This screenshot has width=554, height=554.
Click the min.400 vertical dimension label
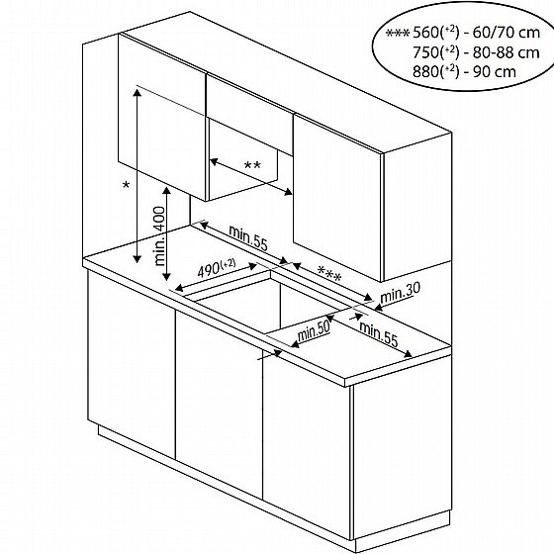(160, 236)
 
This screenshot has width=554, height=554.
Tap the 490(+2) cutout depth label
(217, 268)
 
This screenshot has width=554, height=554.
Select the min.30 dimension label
(400, 293)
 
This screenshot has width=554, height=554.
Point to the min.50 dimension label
(314, 331)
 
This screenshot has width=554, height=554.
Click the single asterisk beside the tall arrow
(126, 186)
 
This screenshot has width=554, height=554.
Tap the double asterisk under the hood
(252, 165)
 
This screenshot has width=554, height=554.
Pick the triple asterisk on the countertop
(329, 274)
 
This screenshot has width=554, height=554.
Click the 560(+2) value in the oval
(436, 33)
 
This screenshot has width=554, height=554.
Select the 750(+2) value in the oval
(436, 52)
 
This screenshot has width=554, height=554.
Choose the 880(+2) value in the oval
(436, 71)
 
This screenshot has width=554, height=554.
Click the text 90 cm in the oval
(495, 71)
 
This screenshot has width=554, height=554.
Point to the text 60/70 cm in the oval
(507, 33)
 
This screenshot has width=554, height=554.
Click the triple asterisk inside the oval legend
(398, 34)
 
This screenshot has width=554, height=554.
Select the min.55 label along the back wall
(248, 238)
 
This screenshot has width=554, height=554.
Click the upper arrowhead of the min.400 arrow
(166, 191)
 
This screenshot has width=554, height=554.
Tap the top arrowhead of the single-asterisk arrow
(138, 93)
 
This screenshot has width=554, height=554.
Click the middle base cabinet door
(219, 405)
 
